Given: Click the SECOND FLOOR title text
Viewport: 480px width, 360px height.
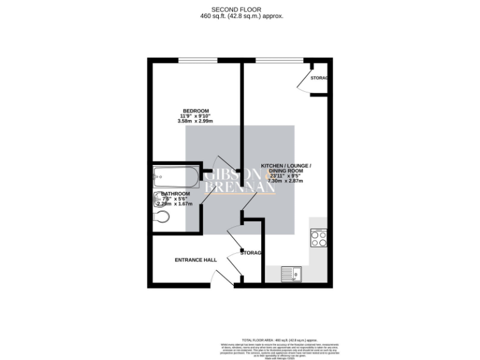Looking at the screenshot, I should click(239, 9).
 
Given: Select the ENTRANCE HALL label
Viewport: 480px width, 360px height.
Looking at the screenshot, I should click(195, 260).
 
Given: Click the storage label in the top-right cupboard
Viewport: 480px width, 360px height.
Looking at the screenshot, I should click(319, 78).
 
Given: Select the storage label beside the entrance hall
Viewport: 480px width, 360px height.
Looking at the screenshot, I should click(251, 253).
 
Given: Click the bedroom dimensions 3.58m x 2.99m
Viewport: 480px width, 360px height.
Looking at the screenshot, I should click(195, 121).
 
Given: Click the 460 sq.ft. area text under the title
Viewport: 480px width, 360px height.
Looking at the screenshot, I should click(239, 16).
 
